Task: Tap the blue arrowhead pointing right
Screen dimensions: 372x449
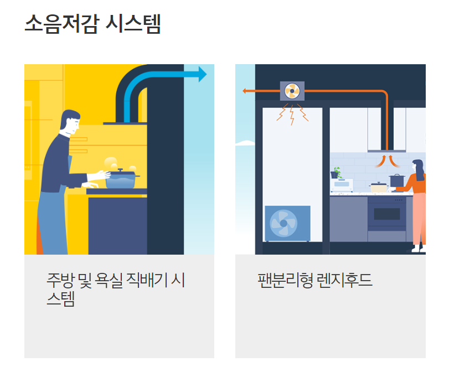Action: (202, 74)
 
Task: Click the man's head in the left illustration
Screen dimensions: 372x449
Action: (70, 123)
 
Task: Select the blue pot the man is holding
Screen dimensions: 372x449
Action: (121, 179)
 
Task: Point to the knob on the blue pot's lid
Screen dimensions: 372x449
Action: (120, 169)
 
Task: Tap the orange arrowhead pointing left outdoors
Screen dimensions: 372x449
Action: (245, 91)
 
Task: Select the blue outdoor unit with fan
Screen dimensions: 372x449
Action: (287, 224)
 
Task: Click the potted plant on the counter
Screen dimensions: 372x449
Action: (337, 172)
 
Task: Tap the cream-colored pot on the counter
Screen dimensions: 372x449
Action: (379, 187)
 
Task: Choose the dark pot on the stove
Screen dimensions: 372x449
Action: (397, 180)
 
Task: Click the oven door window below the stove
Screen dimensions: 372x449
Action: (386, 214)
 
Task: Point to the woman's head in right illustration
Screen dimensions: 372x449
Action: (418, 167)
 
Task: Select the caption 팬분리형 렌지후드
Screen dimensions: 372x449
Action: (315, 280)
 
